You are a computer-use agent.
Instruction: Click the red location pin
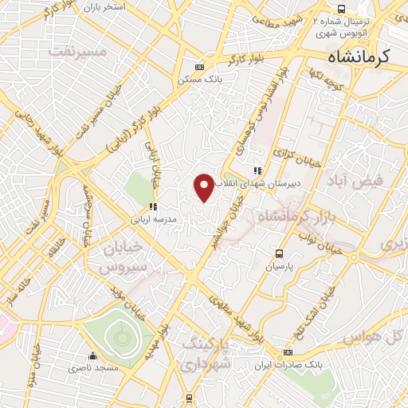(204, 187)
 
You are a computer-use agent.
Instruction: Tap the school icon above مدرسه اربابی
(152, 206)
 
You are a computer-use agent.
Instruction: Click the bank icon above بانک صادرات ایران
(288, 351)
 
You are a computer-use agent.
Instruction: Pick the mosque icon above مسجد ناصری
(93, 356)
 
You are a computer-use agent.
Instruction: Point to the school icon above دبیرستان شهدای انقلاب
(257, 170)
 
